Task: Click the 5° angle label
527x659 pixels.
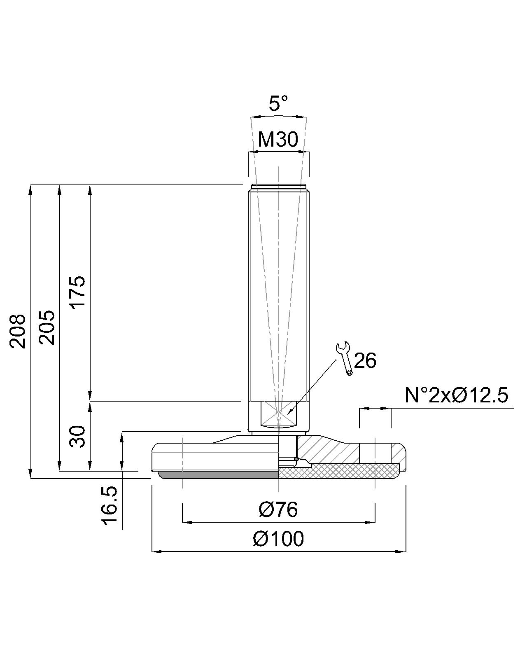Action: pyautogui.click(x=278, y=103)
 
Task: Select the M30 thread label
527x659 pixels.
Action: pyautogui.click(x=278, y=140)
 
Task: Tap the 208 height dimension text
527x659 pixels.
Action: pyautogui.click(x=18, y=331)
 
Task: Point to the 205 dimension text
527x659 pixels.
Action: pyautogui.click(x=47, y=327)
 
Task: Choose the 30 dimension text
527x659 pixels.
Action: pyautogui.click(x=77, y=437)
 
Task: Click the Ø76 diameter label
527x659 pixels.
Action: pyautogui.click(x=278, y=509)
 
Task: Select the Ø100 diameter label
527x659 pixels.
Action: pyautogui.click(x=278, y=539)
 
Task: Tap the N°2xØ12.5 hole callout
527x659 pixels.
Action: pyautogui.click(x=457, y=395)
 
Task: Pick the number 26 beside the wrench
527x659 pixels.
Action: pyautogui.click(x=365, y=361)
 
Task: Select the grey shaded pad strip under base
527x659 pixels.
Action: pyautogui.click(x=218, y=475)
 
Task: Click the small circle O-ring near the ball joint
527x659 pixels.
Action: pyautogui.click(x=296, y=459)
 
